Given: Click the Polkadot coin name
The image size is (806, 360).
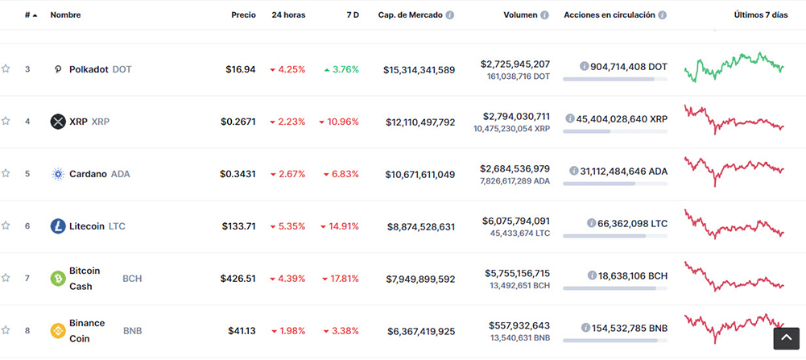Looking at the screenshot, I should pos(89,69).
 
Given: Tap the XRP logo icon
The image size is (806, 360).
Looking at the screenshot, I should pos(58,122).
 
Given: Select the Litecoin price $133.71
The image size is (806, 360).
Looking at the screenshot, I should pos(238,226).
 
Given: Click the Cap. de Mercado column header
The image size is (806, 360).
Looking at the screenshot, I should pos(411,15).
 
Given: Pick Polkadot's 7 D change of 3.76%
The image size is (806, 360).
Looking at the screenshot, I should pos(341,69).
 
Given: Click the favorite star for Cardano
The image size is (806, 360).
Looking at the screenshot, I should pos(6,174).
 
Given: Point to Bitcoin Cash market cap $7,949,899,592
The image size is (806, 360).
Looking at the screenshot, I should pos(420,279).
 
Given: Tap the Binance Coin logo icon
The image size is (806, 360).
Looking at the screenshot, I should pos(58,331).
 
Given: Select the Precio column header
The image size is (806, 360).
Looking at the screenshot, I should pos(243,15).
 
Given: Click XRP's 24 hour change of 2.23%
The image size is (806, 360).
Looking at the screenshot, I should pos(287,122).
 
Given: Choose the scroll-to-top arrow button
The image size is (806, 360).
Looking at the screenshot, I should pos(786,337).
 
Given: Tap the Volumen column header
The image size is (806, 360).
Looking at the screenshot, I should pos(520,15).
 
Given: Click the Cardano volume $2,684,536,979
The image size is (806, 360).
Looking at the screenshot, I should pos(515,168).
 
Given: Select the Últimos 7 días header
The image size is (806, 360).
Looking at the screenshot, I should pos(760,15).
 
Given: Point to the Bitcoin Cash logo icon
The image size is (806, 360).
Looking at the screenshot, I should pos(58,279).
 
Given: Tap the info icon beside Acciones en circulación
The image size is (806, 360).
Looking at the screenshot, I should pos(662,15).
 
